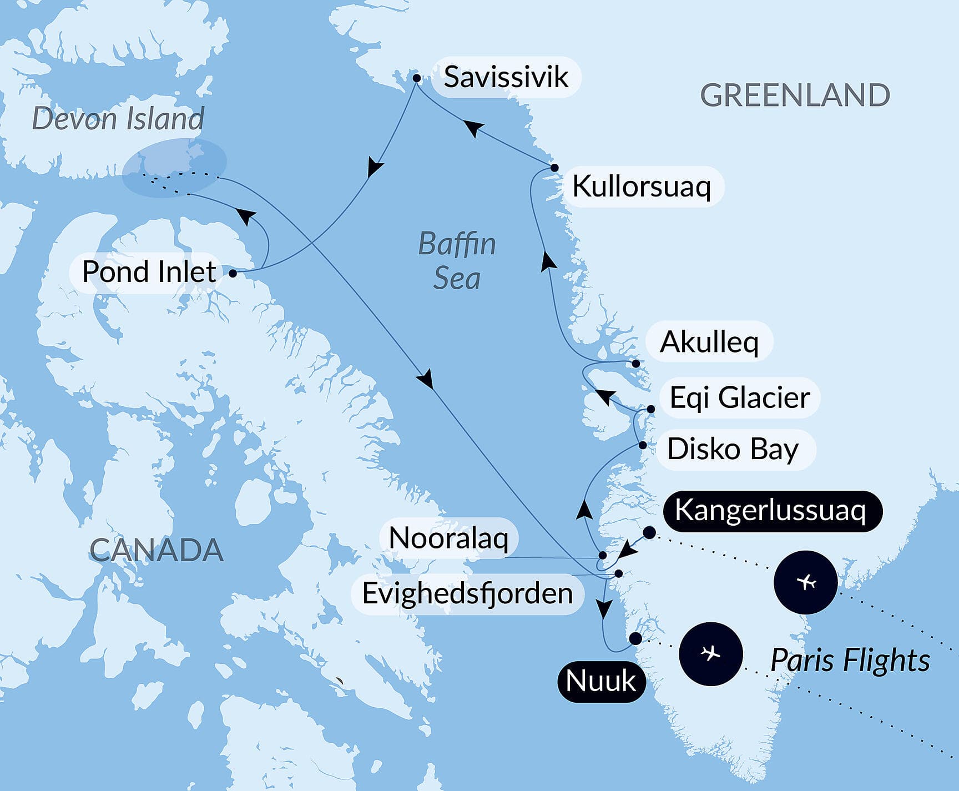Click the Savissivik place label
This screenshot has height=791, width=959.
click(x=506, y=77)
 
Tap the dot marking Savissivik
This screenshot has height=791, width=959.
click(x=417, y=79)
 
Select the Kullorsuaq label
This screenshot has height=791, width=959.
click(x=642, y=187)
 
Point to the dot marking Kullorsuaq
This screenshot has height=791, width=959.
click(x=554, y=168)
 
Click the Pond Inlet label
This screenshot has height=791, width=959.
click(x=149, y=272)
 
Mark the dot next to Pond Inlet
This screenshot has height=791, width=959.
click(x=233, y=273)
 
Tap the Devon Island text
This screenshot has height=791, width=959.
click(x=118, y=119)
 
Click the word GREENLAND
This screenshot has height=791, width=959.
click(x=795, y=95)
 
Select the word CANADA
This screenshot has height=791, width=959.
click(x=156, y=551)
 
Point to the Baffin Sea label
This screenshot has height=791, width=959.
click(x=457, y=261)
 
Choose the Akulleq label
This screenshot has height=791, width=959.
click(x=709, y=342)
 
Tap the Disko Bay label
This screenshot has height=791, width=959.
click(x=733, y=449)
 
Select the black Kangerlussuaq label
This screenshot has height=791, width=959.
click(x=770, y=511)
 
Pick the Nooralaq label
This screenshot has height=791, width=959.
click(x=448, y=538)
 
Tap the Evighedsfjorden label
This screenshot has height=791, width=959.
click(x=467, y=593)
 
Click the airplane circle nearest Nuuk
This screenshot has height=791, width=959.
click(x=710, y=654)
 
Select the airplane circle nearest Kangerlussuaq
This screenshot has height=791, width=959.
click(x=806, y=582)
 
